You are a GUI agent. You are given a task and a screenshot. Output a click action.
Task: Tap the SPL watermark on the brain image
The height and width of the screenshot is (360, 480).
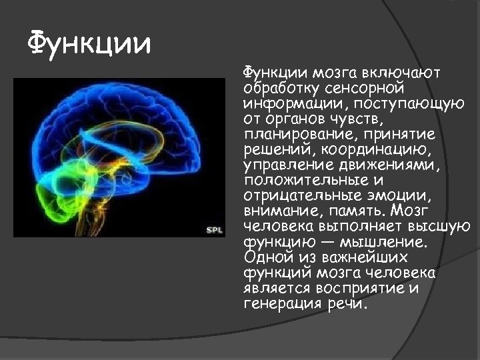214,230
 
